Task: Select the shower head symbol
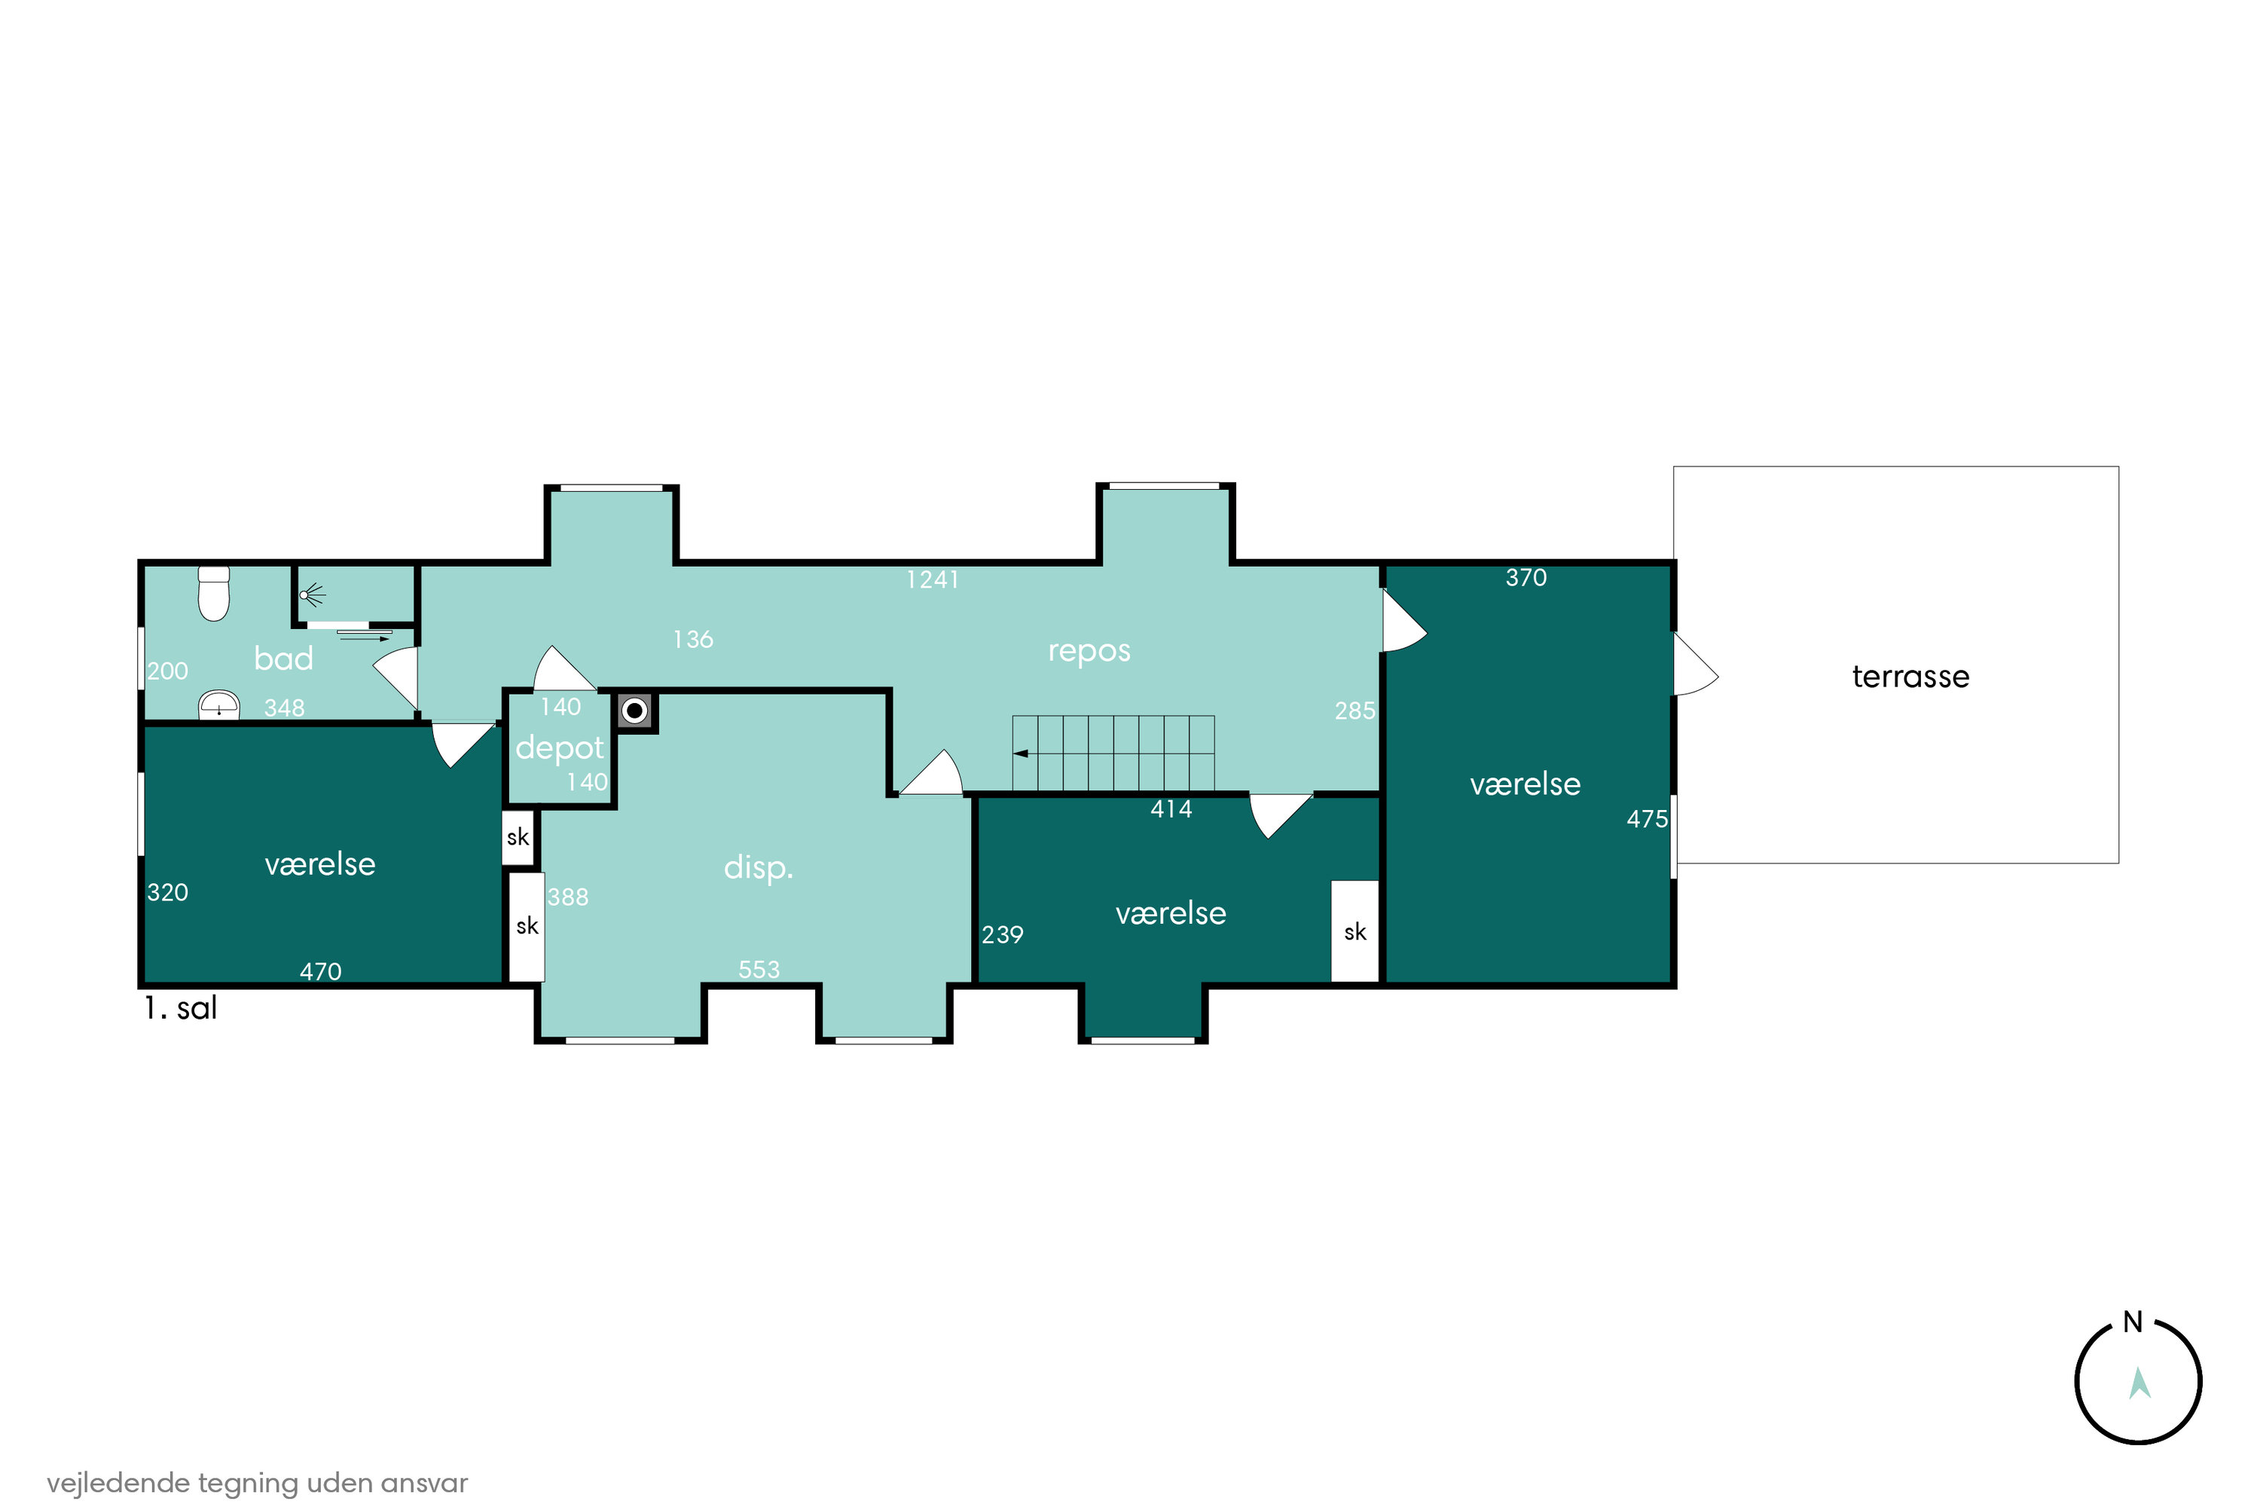point(311,596)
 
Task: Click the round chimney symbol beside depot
point(634,711)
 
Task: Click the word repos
point(1089,652)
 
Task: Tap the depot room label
point(559,747)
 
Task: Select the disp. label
point(758,868)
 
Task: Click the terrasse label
point(1910,677)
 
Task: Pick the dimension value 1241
point(932,579)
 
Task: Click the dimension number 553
point(759,970)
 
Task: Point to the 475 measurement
point(1647,819)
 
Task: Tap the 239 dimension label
point(1002,934)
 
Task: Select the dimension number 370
point(1526,578)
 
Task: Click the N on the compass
point(2132,1322)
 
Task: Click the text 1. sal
point(181,1008)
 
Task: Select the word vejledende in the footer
point(118,1482)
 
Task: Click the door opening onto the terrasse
point(1695,664)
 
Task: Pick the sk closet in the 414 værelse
point(1354,931)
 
